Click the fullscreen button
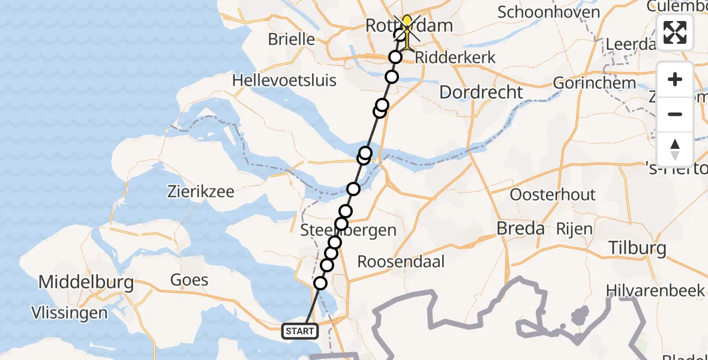(x=675, y=32)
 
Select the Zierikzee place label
(x=201, y=192)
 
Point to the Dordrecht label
(x=481, y=92)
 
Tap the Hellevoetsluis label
(x=284, y=80)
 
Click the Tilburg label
(x=637, y=248)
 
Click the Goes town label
(x=189, y=280)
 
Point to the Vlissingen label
(x=71, y=313)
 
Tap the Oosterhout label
(x=553, y=194)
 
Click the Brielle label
(x=291, y=40)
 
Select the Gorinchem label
(x=586, y=82)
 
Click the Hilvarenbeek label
(x=656, y=290)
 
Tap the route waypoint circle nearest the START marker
(x=320, y=283)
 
